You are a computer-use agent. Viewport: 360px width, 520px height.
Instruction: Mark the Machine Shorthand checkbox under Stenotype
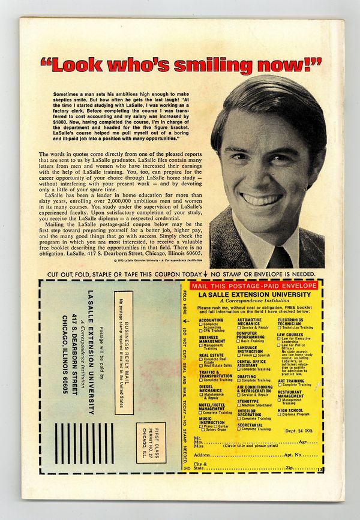239,405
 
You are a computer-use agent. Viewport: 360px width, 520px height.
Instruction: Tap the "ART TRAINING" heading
290,380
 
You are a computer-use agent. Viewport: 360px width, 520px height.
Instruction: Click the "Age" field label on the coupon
304,441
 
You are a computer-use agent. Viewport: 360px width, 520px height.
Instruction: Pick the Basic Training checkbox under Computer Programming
239,341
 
